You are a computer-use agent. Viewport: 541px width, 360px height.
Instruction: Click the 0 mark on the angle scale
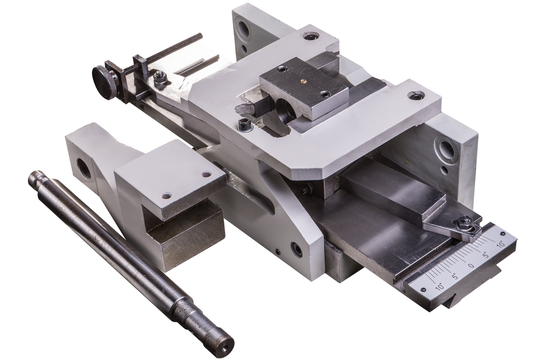471,266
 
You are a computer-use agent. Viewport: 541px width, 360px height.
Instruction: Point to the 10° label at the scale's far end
501,244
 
